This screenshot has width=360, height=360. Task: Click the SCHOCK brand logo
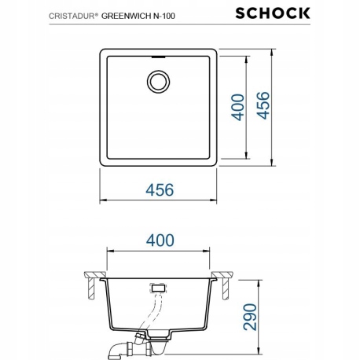coord(307,12)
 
